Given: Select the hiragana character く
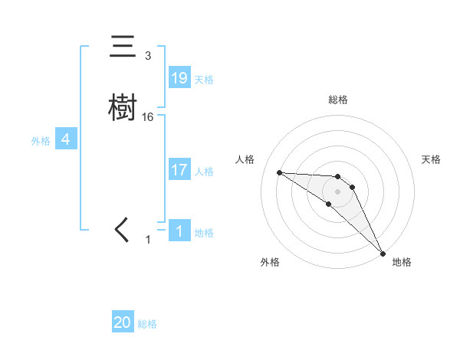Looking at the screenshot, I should [x=123, y=230].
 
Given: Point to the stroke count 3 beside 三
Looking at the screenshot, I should [x=148, y=56].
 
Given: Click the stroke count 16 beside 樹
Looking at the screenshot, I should [x=148, y=117].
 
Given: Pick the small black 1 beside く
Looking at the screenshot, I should [x=148, y=240].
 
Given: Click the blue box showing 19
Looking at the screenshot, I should [x=179, y=78].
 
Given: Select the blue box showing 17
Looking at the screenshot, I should [x=179, y=170].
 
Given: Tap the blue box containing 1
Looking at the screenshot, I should [x=179, y=231].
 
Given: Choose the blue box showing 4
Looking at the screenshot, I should [x=66, y=139].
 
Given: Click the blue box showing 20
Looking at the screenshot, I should [x=123, y=323].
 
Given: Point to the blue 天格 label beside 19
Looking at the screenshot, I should [x=204, y=80].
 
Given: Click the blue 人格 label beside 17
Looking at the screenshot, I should [x=204, y=172].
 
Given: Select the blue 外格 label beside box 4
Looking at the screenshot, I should [x=41, y=141].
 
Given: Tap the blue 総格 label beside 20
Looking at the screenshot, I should [x=147, y=325].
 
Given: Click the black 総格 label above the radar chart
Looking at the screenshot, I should [x=337, y=100].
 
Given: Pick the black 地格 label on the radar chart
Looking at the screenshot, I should [x=402, y=262].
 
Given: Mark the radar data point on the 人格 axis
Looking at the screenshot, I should [x=279, y=172].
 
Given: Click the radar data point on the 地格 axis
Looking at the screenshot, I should [x=383, y=253].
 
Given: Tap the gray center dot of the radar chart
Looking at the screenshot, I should [x=337, y=191].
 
